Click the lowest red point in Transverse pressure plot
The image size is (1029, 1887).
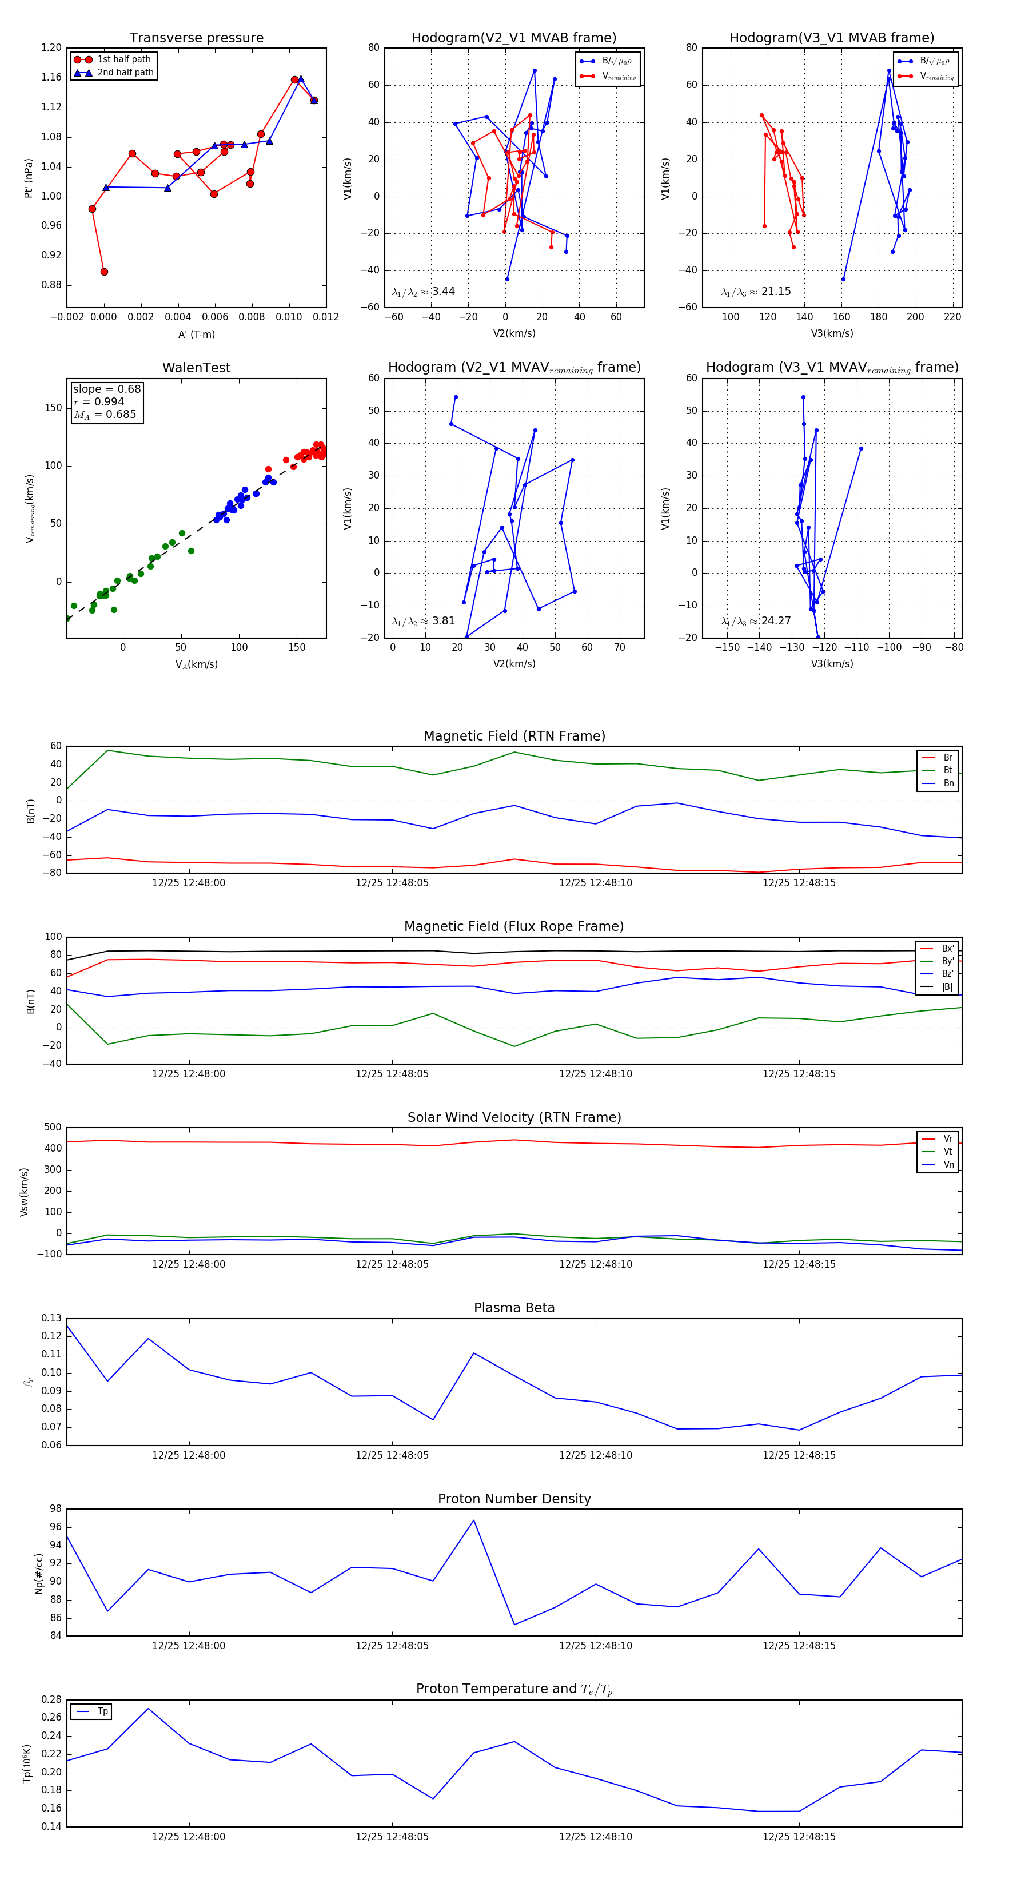click(x=104, y=272)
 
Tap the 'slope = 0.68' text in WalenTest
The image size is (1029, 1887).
click(x=106, y=389)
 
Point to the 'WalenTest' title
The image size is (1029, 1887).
click(x=196, y=368)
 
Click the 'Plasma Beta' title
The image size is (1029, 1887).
click(x=514, y=1308)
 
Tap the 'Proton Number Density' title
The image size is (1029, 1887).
click(x=514, y=1499)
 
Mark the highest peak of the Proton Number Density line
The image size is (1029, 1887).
click(x=474, y=1520)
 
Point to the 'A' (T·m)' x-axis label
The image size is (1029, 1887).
click(x=196, y=334)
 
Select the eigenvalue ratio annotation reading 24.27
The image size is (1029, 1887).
click(x=756, y=621)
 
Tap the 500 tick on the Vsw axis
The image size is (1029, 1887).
click(x=52, y=1128)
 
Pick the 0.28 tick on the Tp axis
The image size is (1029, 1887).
click(x=51, y=1699)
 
